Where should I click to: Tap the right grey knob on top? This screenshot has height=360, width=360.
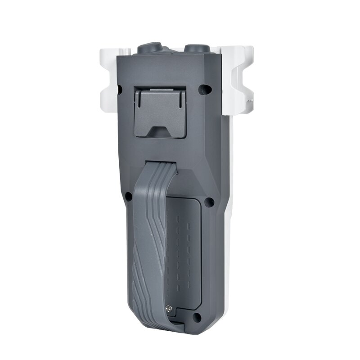[x=196, y=48]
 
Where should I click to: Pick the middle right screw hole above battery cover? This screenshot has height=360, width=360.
[x=209, y=202]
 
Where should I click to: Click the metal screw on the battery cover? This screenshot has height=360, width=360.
[x=169, y=309]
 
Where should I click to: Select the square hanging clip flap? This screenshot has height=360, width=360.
[x=160, y=112]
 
